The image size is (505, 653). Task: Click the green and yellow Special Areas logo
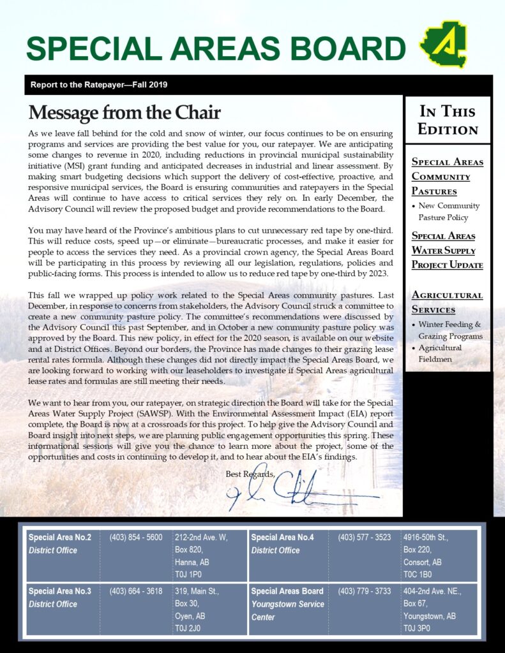coord(443,44)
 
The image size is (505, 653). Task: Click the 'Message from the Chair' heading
coord(124,113)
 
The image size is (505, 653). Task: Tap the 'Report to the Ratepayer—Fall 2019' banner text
coord(99,85)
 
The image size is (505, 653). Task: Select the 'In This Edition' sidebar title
coord(448,120)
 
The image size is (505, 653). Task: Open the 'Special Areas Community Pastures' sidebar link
coord(447,176)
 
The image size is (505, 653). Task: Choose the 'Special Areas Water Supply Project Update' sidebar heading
coord(447,250)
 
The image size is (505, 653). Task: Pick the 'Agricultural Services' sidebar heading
coord(447,302)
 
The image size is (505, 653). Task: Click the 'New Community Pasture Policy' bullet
coord(449,212)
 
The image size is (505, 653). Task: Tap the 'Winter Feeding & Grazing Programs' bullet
coord(450,330)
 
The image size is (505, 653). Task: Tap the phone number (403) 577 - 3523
coord(365,538)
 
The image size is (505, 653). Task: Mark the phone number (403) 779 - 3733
coord(365,591)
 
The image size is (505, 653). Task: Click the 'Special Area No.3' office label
coord(60,591)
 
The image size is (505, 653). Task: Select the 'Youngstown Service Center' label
coord(287,610)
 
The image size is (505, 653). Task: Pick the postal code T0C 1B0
coord(418,575)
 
